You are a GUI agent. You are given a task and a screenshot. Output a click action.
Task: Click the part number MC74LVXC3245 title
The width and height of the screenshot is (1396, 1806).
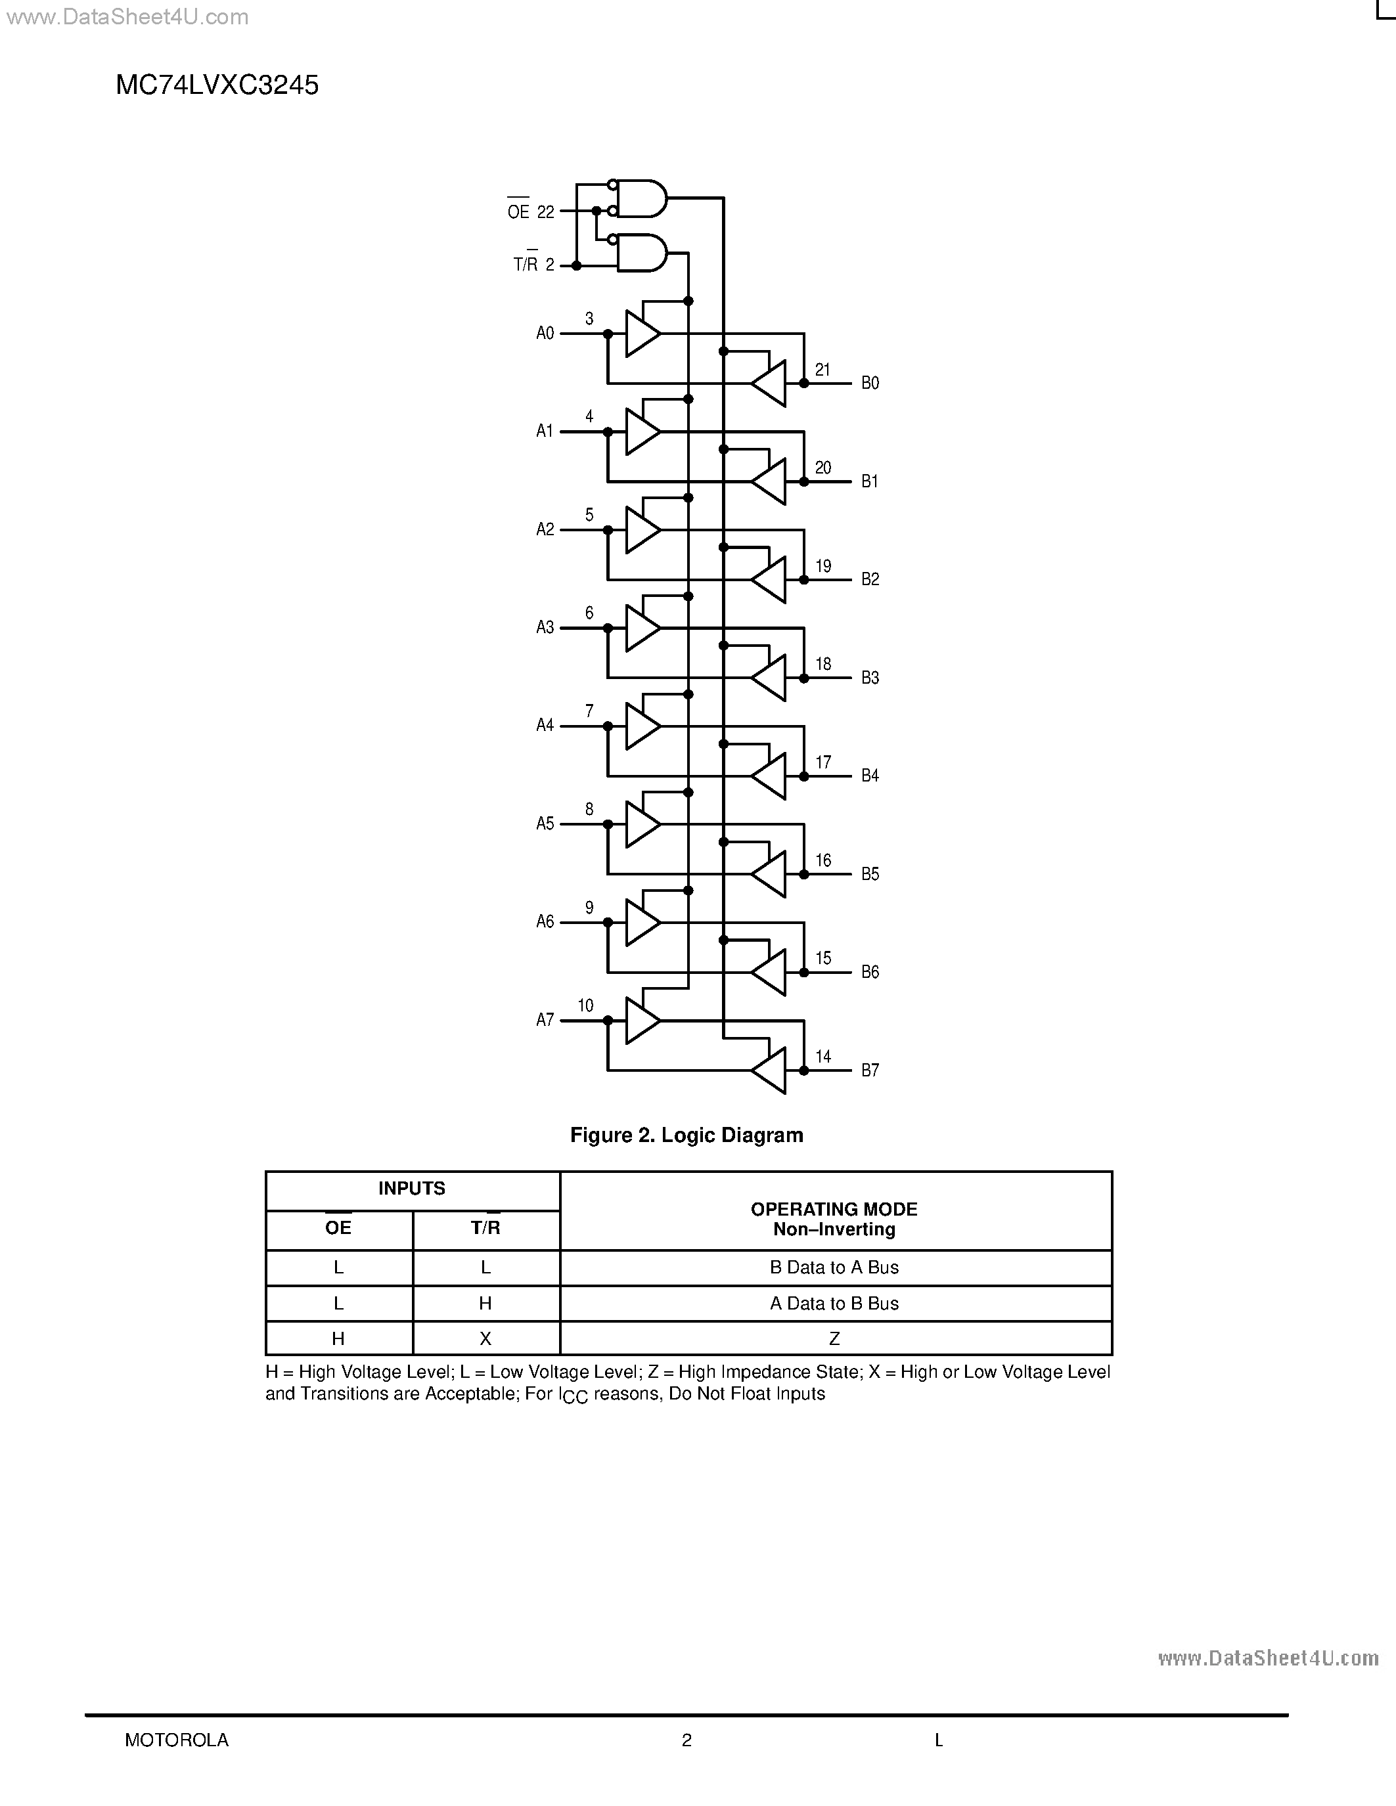pyautogui.click(x=217, y=85)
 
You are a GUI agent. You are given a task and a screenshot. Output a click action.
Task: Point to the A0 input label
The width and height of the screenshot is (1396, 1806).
pyautogui.click(x=545, y=333)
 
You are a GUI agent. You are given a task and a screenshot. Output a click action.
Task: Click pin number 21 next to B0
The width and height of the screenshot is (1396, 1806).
pyautogui.click(x=822, y=370)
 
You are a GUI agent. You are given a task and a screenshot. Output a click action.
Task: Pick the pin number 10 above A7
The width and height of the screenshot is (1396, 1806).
pyautogui.click(x=585, y=1005)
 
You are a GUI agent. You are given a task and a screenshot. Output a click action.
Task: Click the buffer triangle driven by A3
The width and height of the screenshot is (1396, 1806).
pyautogui.click(x=641, y=628)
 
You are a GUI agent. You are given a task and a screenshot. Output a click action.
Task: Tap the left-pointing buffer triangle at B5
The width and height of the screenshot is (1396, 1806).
pyautogui.click(x=771, y=874)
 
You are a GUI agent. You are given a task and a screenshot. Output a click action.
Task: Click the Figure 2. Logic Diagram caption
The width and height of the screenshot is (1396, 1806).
pyautogui.click(x=687, y=1135)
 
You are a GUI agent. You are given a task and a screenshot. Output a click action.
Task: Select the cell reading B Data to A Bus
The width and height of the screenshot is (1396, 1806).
pyautogui.click(x=834, y=1267)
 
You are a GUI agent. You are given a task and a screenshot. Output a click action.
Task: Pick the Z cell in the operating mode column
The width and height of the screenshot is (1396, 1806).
pyautogui.click(x=834, y=1339)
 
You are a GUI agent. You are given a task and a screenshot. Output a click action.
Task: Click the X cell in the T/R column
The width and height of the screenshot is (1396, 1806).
pyautogui.click(x=485, y=1339)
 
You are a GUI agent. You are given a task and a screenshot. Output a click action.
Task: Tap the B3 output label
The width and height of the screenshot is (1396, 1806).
pyautogui.click(x=870, y=678)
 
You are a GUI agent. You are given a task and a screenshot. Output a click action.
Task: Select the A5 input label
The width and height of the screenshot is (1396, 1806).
pyautogui.click(x=545, y=824)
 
